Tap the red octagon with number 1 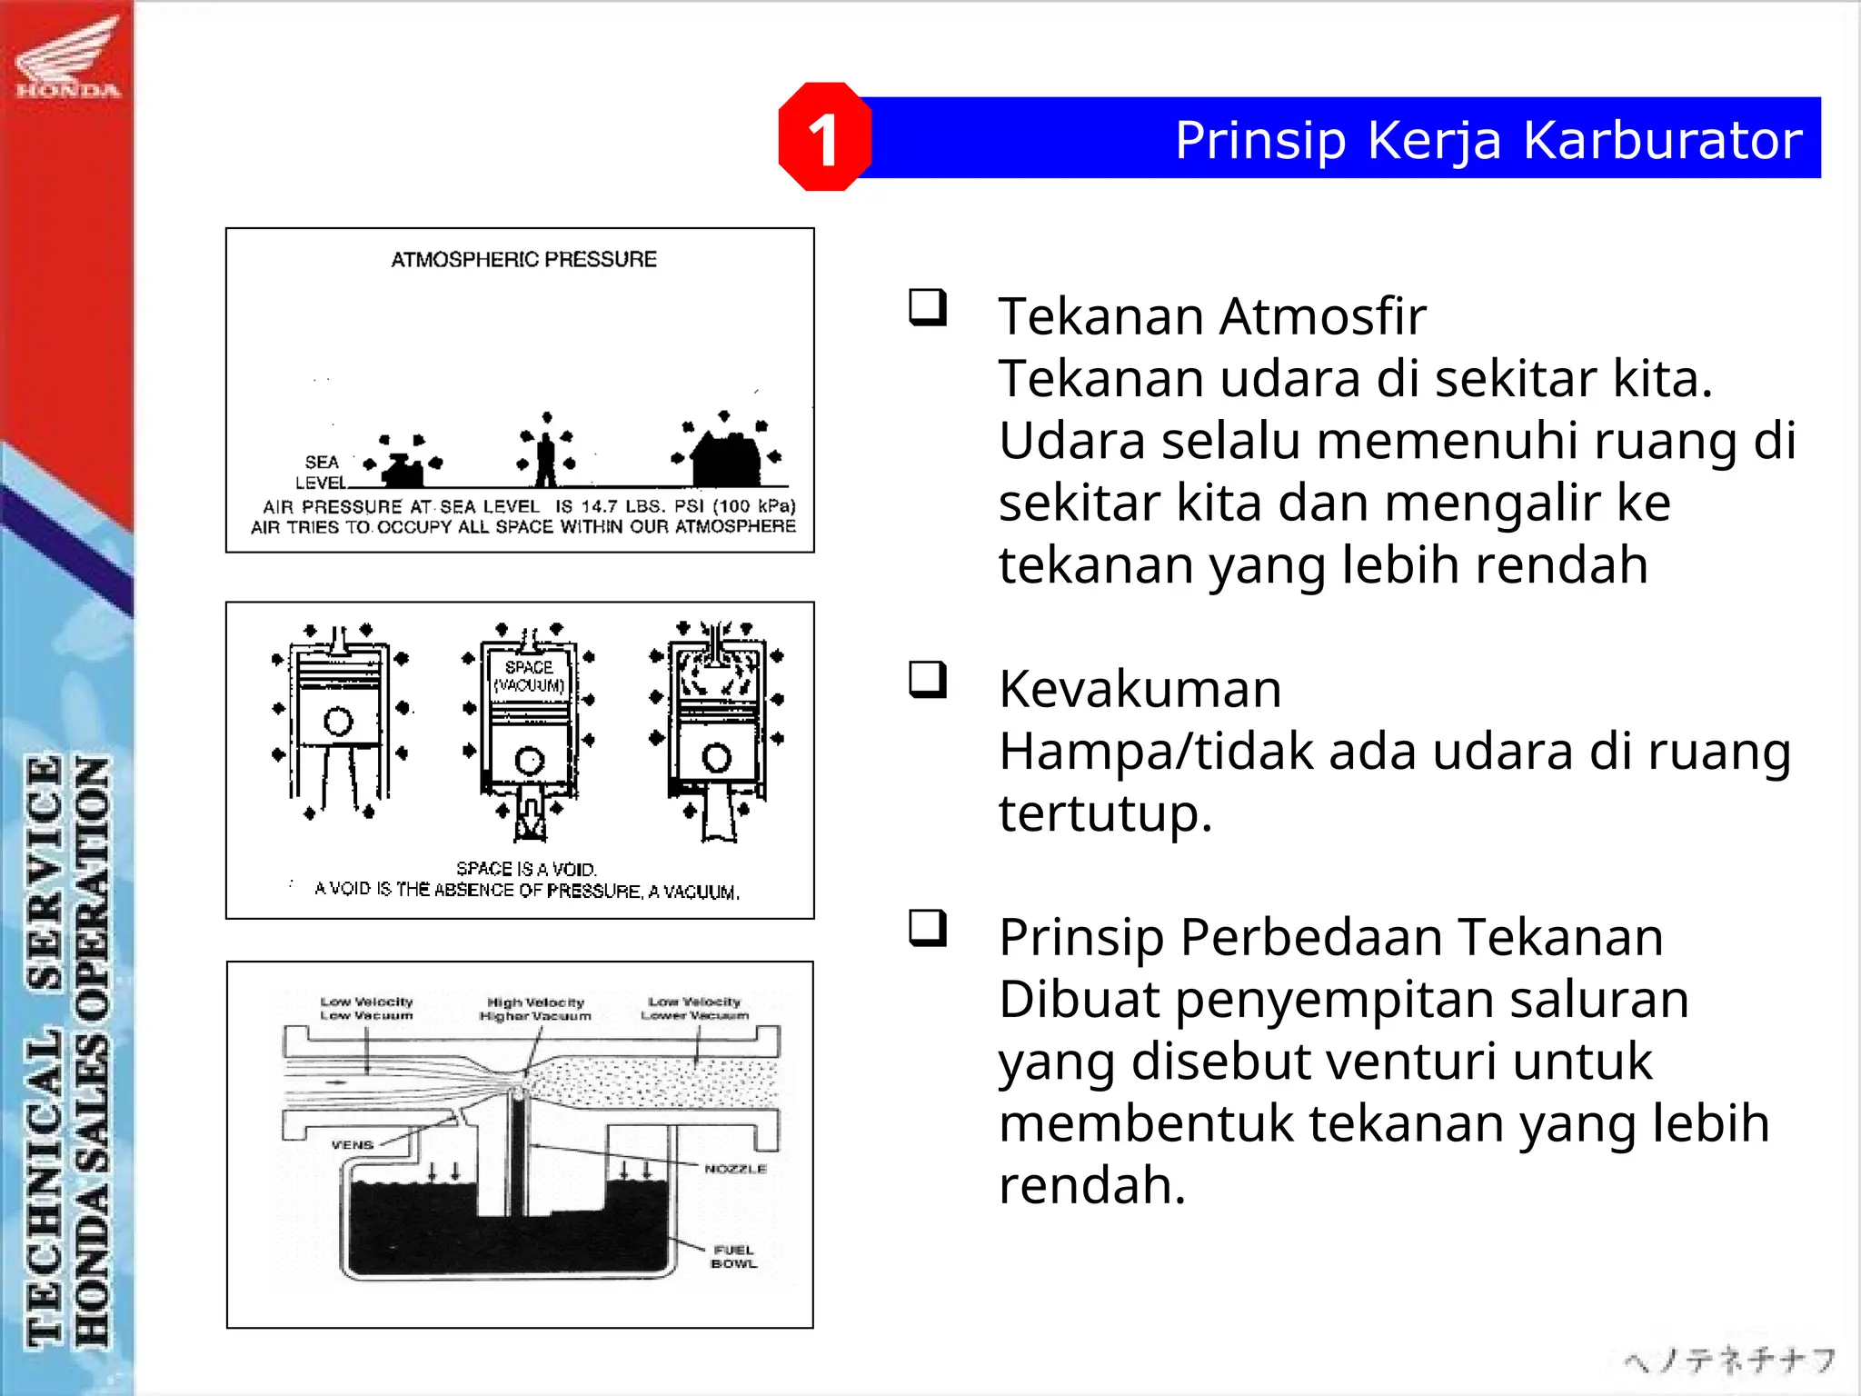click(824, 138)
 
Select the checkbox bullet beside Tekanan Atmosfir click(928, 307)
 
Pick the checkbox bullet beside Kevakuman click(928, 679)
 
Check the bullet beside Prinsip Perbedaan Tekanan click(928, 928)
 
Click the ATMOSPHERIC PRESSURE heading click(523, 260)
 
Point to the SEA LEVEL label click(321, 472)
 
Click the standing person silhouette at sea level click(545, 460)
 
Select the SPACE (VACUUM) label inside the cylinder click(529, 676)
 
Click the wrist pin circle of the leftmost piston click(338, 722)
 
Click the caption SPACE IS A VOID click(526, 869)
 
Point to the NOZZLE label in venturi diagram click(735, 1169)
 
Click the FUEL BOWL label click(733, 1257)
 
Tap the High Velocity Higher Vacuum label click(535, 1009)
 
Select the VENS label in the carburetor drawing click(353, 1145)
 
